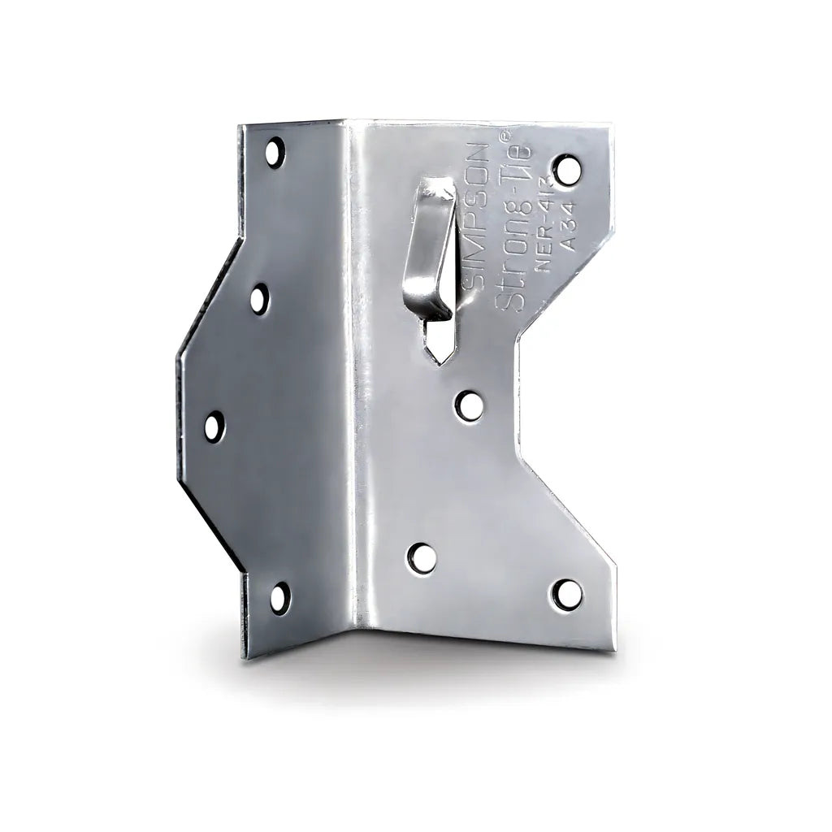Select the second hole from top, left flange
[x=258, y=300]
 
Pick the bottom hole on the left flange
[x=278, y=598]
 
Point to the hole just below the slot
[x=467, y=405]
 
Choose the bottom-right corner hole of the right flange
[x=567, y=594]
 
